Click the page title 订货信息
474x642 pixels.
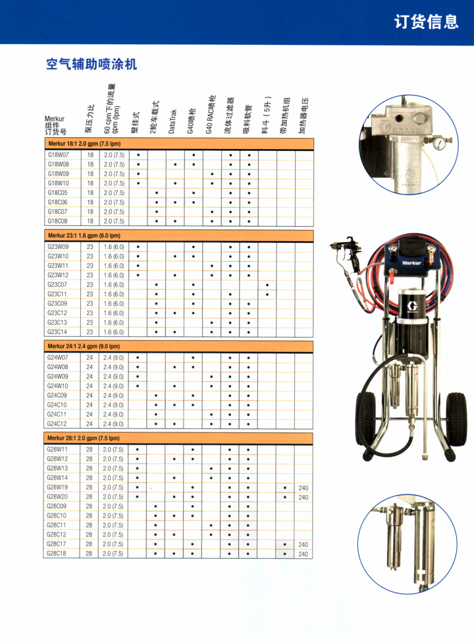pyautogui.click(x=426, y=22)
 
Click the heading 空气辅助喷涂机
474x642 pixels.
pyautogui.click(x=91, y=65)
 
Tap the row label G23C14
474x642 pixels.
pyautogui.click(x=58, y=332)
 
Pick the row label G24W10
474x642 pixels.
pyautogui.click(x=58, y=386)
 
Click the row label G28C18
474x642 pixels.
pyautogui.click(x=58, y=554)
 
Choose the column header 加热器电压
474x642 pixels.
pyautogui.click(x=303, y=115)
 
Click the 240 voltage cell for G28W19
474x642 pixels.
pyautogui.click(x=303, y=488)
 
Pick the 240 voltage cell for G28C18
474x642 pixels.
pyautogui.click(x=303, y=554)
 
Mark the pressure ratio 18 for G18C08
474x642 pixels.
pyautogui.click(x=90, y=221)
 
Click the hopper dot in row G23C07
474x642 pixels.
pyautogui.click(x=267, y=285)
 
